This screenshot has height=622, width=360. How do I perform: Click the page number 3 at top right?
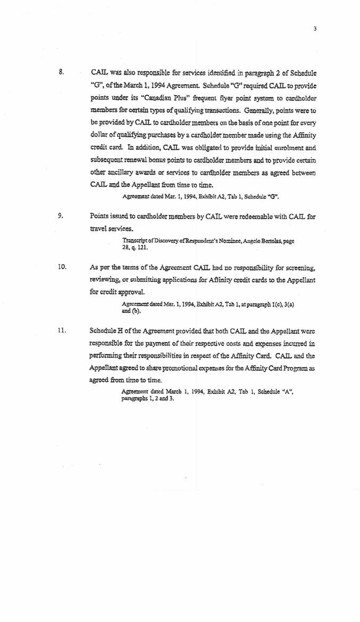click(x=315, y=29)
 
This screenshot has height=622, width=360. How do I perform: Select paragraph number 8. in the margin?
click(x=62, y=71)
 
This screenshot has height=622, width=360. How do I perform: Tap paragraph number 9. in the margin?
click(x=61, y=217)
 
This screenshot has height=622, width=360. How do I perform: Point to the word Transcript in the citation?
click(x=134, y=241)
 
